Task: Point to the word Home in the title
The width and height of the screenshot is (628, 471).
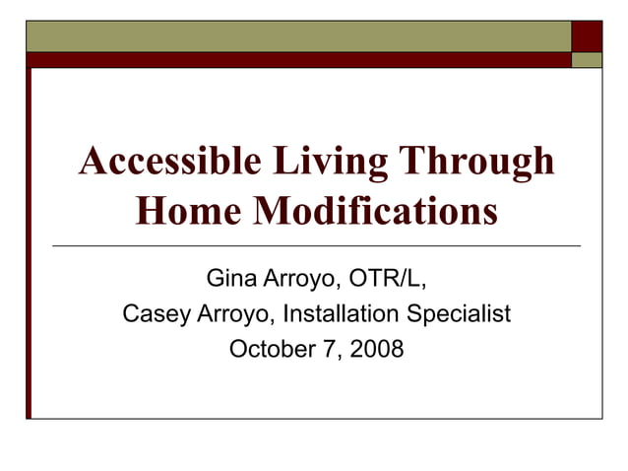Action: (x=182, y=210)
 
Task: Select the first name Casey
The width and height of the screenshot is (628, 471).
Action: (x=151, y=314)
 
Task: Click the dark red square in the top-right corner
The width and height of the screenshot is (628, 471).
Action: (x=587, y=35)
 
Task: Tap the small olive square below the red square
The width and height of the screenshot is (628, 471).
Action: (x=587, y=59)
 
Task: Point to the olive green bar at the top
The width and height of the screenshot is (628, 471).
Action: (x=295, y=35)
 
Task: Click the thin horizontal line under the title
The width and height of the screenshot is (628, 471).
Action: (x=315, y=243)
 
